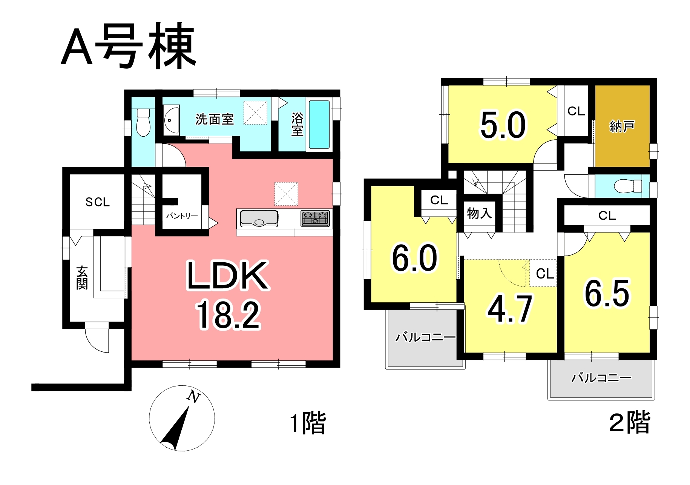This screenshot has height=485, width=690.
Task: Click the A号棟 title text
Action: pos(129,46)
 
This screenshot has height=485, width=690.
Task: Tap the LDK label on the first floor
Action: pos(228,276)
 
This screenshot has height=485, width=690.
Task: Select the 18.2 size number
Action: pos(228,315)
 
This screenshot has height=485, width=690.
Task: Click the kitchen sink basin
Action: pos(259,218)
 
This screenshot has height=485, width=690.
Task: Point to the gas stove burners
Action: pos(315,219)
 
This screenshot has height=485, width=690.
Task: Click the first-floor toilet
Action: pos(143,122)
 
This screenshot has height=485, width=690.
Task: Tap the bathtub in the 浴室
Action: pos(319,124)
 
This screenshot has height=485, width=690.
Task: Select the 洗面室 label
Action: pos(215,119)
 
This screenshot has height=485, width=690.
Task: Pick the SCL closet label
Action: pos(98,202)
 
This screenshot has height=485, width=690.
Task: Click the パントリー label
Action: pos(182,216)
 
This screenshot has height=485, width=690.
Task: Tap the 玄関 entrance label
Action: pos(82,278)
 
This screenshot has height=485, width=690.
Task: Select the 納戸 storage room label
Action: pos(622,126)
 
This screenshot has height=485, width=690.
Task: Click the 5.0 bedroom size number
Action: pos(503,125)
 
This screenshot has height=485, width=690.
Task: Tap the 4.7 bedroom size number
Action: pos(510,309)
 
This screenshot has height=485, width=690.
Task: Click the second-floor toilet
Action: pos(628,186)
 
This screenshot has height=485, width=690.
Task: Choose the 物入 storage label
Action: pos(479,213)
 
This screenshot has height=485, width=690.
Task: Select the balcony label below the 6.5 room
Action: pos(601,377)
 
